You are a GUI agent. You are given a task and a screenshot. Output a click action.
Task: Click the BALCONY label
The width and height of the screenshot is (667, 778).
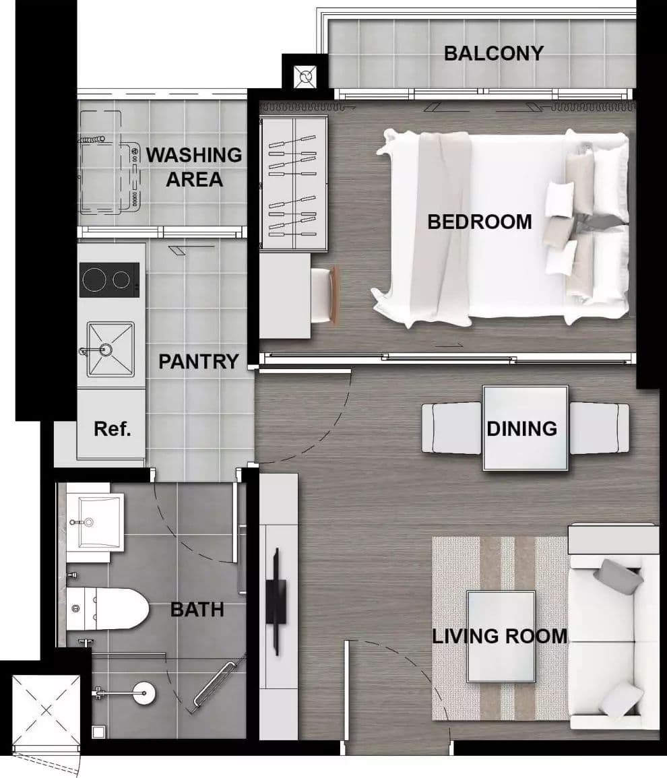[x=494, y=53]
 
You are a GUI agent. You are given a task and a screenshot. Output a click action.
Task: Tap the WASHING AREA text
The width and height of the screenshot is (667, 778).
[x=194, y=167]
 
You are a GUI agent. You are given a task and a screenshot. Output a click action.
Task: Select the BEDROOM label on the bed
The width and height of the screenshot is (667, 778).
[x=480, y=222]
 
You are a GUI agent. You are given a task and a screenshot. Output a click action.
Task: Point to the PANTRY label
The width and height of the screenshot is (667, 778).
[x=199, y=361]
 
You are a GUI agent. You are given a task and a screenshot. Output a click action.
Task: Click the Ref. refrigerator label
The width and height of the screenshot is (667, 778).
[x=113, y=428]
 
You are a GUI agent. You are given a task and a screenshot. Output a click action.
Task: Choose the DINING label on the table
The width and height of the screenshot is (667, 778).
[x=521, y=428]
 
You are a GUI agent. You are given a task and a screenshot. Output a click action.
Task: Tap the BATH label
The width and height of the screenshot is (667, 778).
[x=197, y=610]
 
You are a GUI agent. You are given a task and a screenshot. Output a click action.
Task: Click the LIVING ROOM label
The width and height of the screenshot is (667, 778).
[x=500, y=636]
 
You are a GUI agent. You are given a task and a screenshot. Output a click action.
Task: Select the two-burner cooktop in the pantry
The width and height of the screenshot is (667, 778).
[x=109, y=280]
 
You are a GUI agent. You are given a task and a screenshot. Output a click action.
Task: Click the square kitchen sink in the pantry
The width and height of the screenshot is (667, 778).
[x=110, y=350]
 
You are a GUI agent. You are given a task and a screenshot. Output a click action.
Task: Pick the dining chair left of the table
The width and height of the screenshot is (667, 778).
[x=451, y=428]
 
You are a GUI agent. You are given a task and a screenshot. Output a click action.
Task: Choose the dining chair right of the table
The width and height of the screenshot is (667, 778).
[x=599, y=428]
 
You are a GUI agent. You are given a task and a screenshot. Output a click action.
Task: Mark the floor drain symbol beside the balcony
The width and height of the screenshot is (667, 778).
[x=305, y=77]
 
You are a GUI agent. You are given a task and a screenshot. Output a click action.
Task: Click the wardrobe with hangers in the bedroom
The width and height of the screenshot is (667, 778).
[x=294, y=184]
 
